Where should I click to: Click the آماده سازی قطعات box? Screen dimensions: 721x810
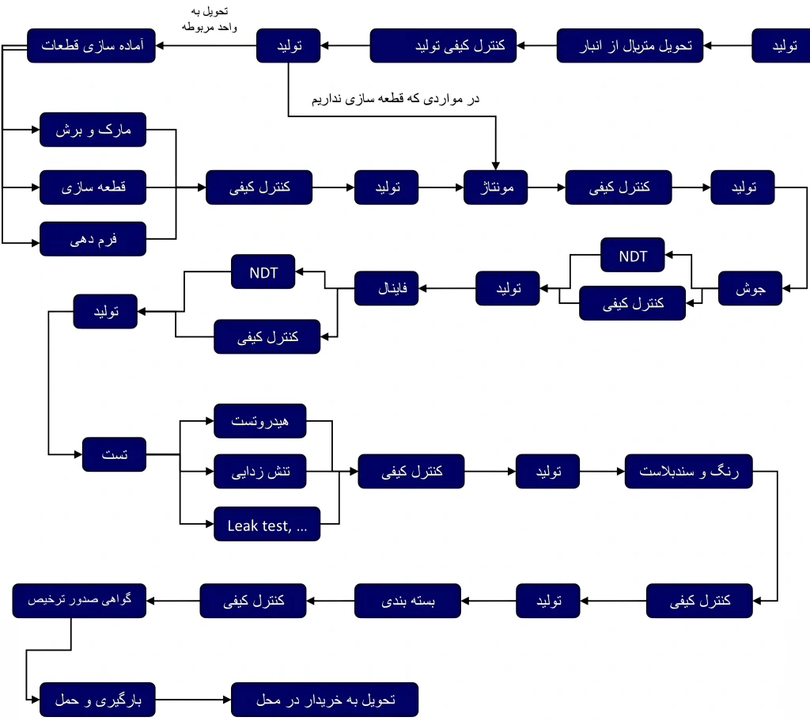tap(91, 46)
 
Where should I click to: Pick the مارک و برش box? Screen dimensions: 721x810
tap(93, 130)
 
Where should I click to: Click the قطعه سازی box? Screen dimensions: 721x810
tap(93, 188)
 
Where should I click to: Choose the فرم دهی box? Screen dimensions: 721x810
tap(93, 238)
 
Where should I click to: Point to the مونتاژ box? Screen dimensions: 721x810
tap(495, 188)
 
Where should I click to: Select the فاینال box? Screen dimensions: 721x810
tap(386, 288)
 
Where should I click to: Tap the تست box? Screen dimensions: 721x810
tap(114, 455)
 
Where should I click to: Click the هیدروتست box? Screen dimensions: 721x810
tap(260, 421)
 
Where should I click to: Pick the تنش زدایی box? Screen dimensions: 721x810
tap(260, 472)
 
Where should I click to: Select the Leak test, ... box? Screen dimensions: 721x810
tap(267, 524)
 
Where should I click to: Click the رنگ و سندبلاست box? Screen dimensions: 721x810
tap(688, 472)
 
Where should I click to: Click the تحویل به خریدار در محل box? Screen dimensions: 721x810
tap(324, 700)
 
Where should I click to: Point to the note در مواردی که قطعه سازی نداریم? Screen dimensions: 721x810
tap(396, 99)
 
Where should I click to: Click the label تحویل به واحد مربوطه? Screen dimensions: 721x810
tap(203, 19)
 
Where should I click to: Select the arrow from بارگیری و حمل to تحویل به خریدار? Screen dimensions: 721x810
tap(192, 700)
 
